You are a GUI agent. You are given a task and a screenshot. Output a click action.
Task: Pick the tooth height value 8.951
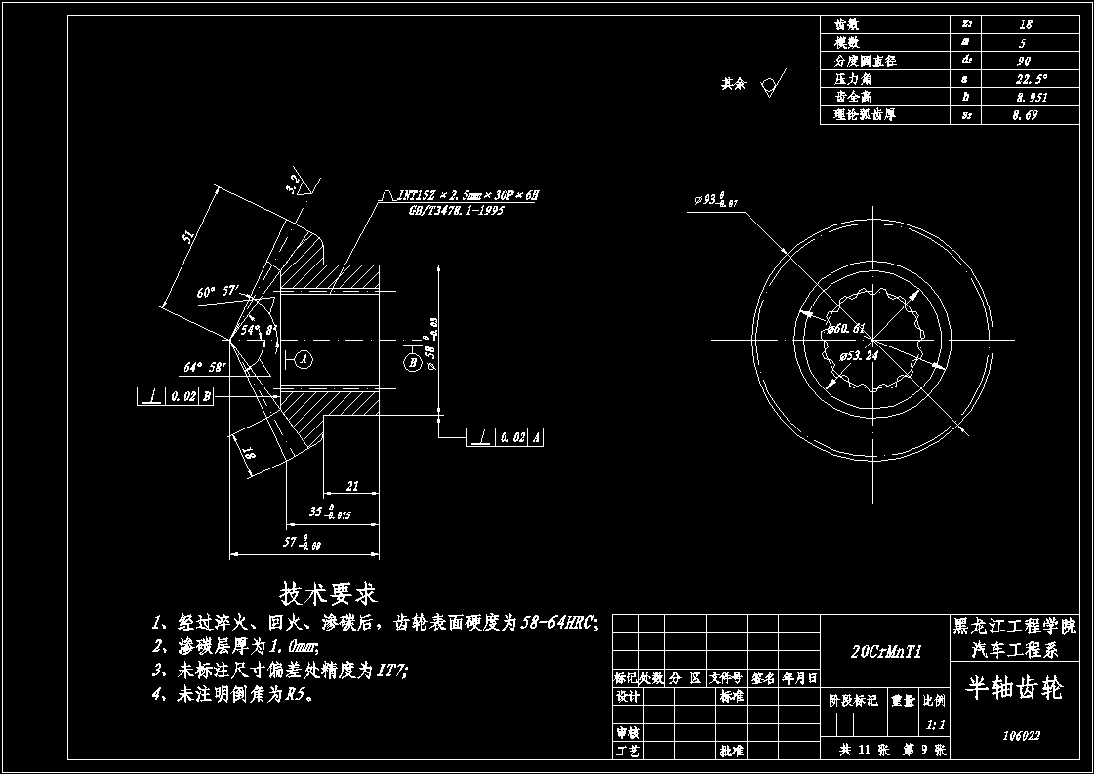tap(1029, 98)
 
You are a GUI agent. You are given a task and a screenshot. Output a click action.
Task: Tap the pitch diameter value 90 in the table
tap(1024, 61)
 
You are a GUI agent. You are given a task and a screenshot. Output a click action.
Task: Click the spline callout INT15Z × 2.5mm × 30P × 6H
tap(467, 196)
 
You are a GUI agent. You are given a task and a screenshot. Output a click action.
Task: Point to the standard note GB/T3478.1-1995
tap(450, 210)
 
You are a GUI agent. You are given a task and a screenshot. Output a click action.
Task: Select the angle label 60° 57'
tap(216, 292)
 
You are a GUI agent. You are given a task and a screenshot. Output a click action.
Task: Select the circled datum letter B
tap(413, 362)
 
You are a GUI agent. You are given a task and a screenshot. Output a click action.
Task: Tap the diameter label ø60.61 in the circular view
tap(845, 328)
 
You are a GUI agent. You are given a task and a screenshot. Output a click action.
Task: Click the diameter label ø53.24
tap(859, 356)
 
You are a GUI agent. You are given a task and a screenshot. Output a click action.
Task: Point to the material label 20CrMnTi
tap(885, 651)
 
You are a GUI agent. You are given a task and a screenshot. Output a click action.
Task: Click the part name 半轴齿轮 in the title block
tap(1013, 688)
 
